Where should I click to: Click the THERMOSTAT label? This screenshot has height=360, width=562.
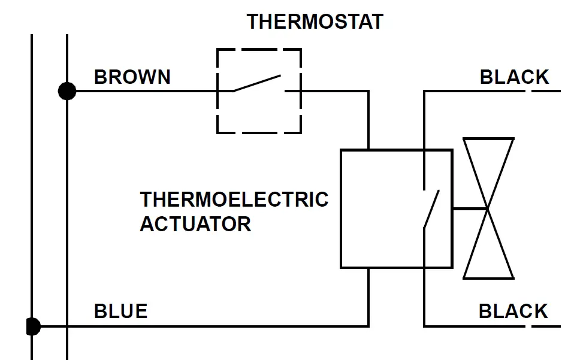pos(315,22)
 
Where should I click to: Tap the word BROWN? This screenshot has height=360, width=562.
pos(132,77)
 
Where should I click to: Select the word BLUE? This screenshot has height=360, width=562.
pos(120,311)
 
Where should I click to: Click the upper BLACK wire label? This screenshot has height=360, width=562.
pos(514,77)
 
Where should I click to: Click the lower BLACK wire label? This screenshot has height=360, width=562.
pos(513,311)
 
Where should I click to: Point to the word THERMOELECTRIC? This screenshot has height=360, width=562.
pos(234,199)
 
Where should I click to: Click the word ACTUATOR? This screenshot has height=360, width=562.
pos(195,224)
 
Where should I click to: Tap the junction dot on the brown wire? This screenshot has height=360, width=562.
pos(67,91)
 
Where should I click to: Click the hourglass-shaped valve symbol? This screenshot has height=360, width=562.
pos(489,208)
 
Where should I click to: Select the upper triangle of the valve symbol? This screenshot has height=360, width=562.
pos(489,168)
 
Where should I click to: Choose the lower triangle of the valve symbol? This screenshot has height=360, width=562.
pos(489,252)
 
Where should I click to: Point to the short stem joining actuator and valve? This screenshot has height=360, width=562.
pos(469,209)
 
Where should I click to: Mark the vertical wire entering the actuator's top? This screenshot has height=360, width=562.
pos(368,120)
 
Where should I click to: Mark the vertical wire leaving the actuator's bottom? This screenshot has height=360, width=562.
pos(368,297)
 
